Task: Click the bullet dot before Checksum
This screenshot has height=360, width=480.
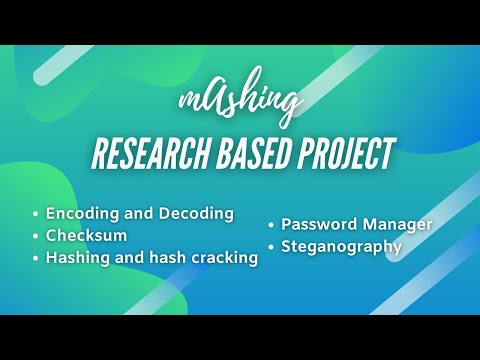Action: (36, 237)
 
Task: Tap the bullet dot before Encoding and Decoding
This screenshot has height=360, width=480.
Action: (36, 214)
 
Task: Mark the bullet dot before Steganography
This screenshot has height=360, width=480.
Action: (271, 246)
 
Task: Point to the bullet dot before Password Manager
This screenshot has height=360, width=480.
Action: (271, 224)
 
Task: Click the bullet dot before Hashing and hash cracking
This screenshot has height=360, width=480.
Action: (36, 259)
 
